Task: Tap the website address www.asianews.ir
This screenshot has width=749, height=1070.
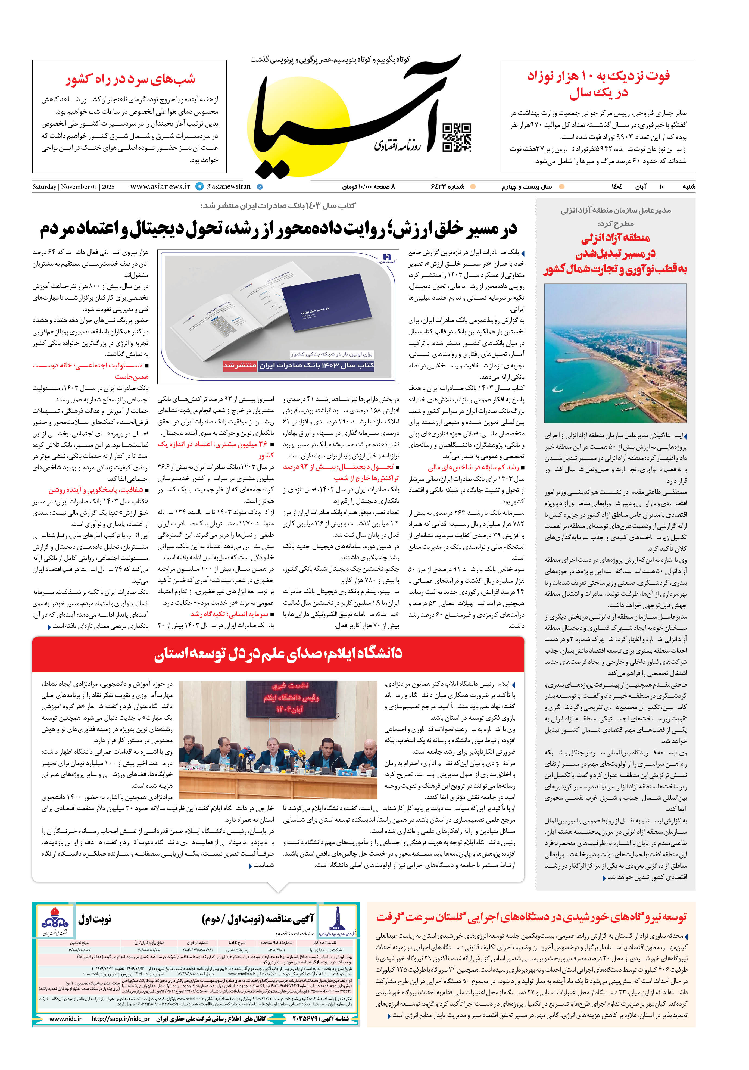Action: pyautogui.click(x=160, y=186)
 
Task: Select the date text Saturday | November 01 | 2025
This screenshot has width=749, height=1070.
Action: pyautogui.click(x=73, y=187)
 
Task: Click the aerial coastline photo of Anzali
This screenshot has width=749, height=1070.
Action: pyautogui.click(x=615, y=353)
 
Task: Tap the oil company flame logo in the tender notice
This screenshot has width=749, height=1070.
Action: pyautogui.click(x=55, y=921)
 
